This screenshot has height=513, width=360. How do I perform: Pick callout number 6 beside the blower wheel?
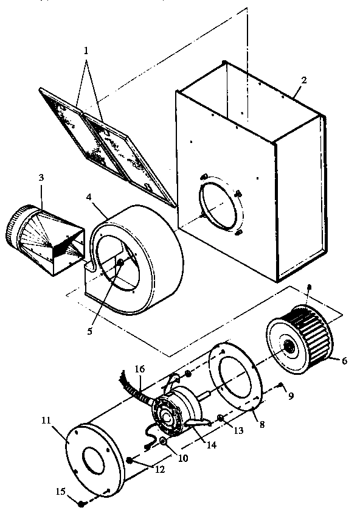coord(344,360)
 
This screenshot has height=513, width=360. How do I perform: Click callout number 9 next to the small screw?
coord(291,396)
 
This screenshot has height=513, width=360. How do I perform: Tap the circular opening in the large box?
coord(217,205)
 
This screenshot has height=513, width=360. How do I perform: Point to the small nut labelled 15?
coord(81,503)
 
